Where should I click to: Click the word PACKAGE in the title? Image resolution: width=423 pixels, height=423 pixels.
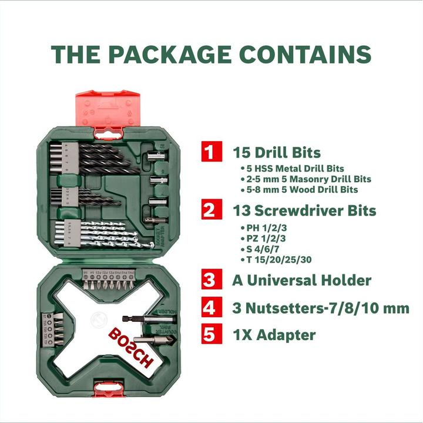(x=170, y=54)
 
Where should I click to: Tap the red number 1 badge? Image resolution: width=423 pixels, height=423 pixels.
(x=209, y=152)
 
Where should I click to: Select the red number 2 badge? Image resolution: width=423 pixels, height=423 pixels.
(x=209, y=209)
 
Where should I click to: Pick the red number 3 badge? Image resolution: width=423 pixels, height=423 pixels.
(x=209, y=279)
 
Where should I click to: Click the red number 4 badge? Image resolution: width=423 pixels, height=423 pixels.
(x=209, y=307)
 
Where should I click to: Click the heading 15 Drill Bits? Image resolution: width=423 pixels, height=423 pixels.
(x=277, y=153)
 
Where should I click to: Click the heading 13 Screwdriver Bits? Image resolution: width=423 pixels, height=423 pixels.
(x=305, y=210)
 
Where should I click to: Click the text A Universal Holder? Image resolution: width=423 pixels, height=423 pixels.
(x=302, y=280)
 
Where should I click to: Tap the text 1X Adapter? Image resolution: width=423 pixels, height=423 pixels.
(x=274, y=335)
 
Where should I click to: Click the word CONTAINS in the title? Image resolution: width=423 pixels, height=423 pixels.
(x=304, y=54)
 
